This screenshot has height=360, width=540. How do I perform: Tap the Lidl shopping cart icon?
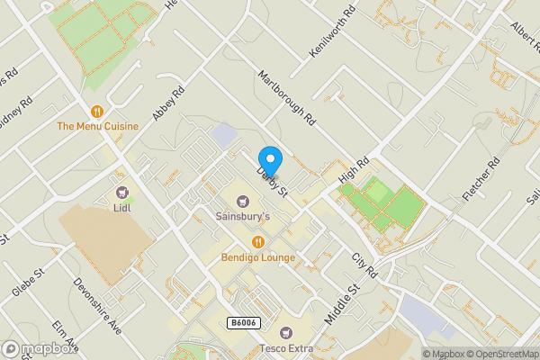point(122,192)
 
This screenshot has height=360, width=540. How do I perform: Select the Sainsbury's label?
point(241,216)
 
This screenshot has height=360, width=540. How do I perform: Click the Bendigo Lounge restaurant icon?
point(257,241)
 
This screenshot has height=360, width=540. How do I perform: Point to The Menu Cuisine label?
point(97,126)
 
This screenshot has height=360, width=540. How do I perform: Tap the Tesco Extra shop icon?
point(285,333)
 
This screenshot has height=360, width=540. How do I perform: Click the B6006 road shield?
point(243,322)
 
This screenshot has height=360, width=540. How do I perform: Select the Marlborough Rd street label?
point(287,98)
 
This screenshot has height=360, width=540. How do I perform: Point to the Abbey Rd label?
point(168,103)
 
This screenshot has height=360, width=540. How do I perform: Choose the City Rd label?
point(364,265)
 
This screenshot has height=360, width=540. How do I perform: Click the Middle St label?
point(341,304)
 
